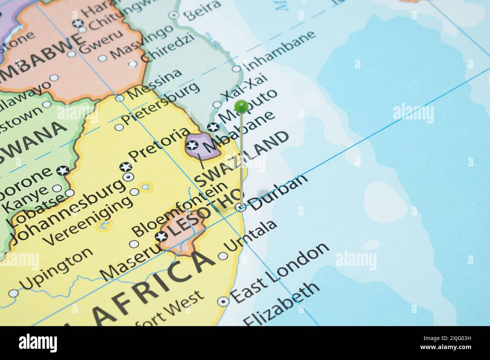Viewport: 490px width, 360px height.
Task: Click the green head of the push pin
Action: (x=241, y=106)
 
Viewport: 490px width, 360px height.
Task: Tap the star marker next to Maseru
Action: (x=161, y=237)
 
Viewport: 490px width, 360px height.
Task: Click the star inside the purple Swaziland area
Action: (x=192, y=145)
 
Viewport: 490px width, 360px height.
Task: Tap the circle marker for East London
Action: (x=224, y=301)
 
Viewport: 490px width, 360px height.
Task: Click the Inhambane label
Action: (x=280, y=50)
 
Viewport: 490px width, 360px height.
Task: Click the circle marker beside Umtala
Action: (x=223, y=256)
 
